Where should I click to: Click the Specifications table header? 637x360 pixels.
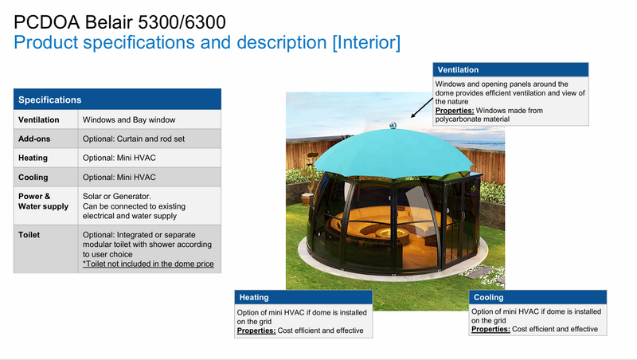49,100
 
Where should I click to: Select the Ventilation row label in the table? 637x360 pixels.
41,119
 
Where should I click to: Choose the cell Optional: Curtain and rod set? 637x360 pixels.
135,139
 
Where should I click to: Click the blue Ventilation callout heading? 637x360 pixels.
459,70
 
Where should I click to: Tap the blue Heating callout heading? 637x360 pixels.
254,298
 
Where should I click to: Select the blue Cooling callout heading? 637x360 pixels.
488,298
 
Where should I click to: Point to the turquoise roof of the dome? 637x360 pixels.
382,151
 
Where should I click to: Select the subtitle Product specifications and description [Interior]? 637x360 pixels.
207,40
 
